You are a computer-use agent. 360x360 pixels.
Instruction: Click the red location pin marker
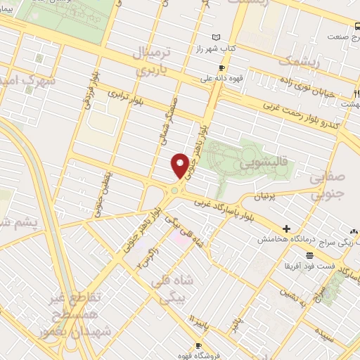pos(180,166)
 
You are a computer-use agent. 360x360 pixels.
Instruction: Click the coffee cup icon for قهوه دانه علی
pos(222,68)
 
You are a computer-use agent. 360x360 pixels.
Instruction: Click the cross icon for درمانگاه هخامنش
pos(287,229)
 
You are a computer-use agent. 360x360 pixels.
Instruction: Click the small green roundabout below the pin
pos(174,190)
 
